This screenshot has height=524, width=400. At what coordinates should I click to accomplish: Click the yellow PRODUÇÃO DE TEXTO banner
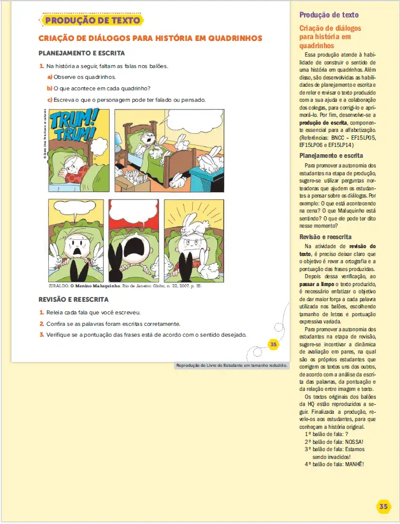pyautogui.click(x=92, y=20)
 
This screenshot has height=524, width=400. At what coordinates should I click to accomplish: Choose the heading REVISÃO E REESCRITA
pyautogui.click(x=73, y=299)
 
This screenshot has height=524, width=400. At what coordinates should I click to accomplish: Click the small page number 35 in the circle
pyautogui.click(x=273, y=345)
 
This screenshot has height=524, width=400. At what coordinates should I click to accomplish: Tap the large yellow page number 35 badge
pyautogui.click(x=384, y=507)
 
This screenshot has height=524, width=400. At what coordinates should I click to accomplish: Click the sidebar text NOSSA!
pyautogui.click(x=354, y=441)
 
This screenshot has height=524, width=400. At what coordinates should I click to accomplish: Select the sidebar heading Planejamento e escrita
pyautogui.click(x=331, y=156)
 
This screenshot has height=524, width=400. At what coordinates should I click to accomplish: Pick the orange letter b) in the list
pyautogui.click(x=50, y=89)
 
